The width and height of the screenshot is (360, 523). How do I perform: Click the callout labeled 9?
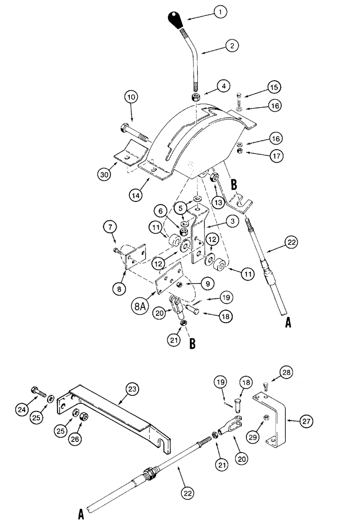pos(208,283)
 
